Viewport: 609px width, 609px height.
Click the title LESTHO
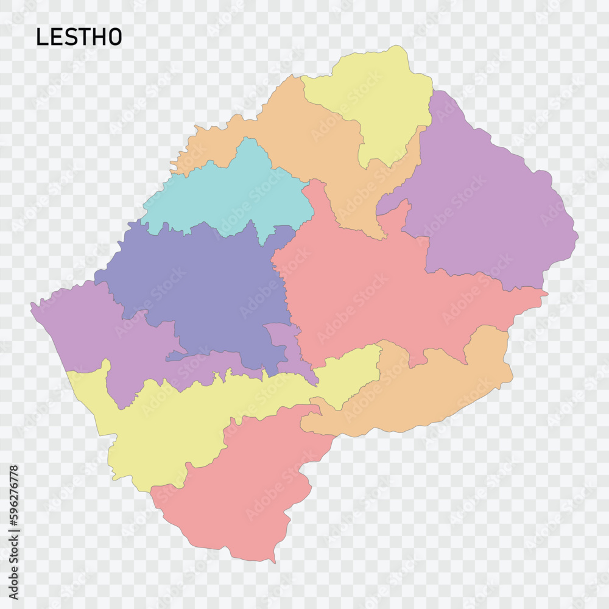79,37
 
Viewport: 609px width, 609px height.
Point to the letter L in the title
41,37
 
